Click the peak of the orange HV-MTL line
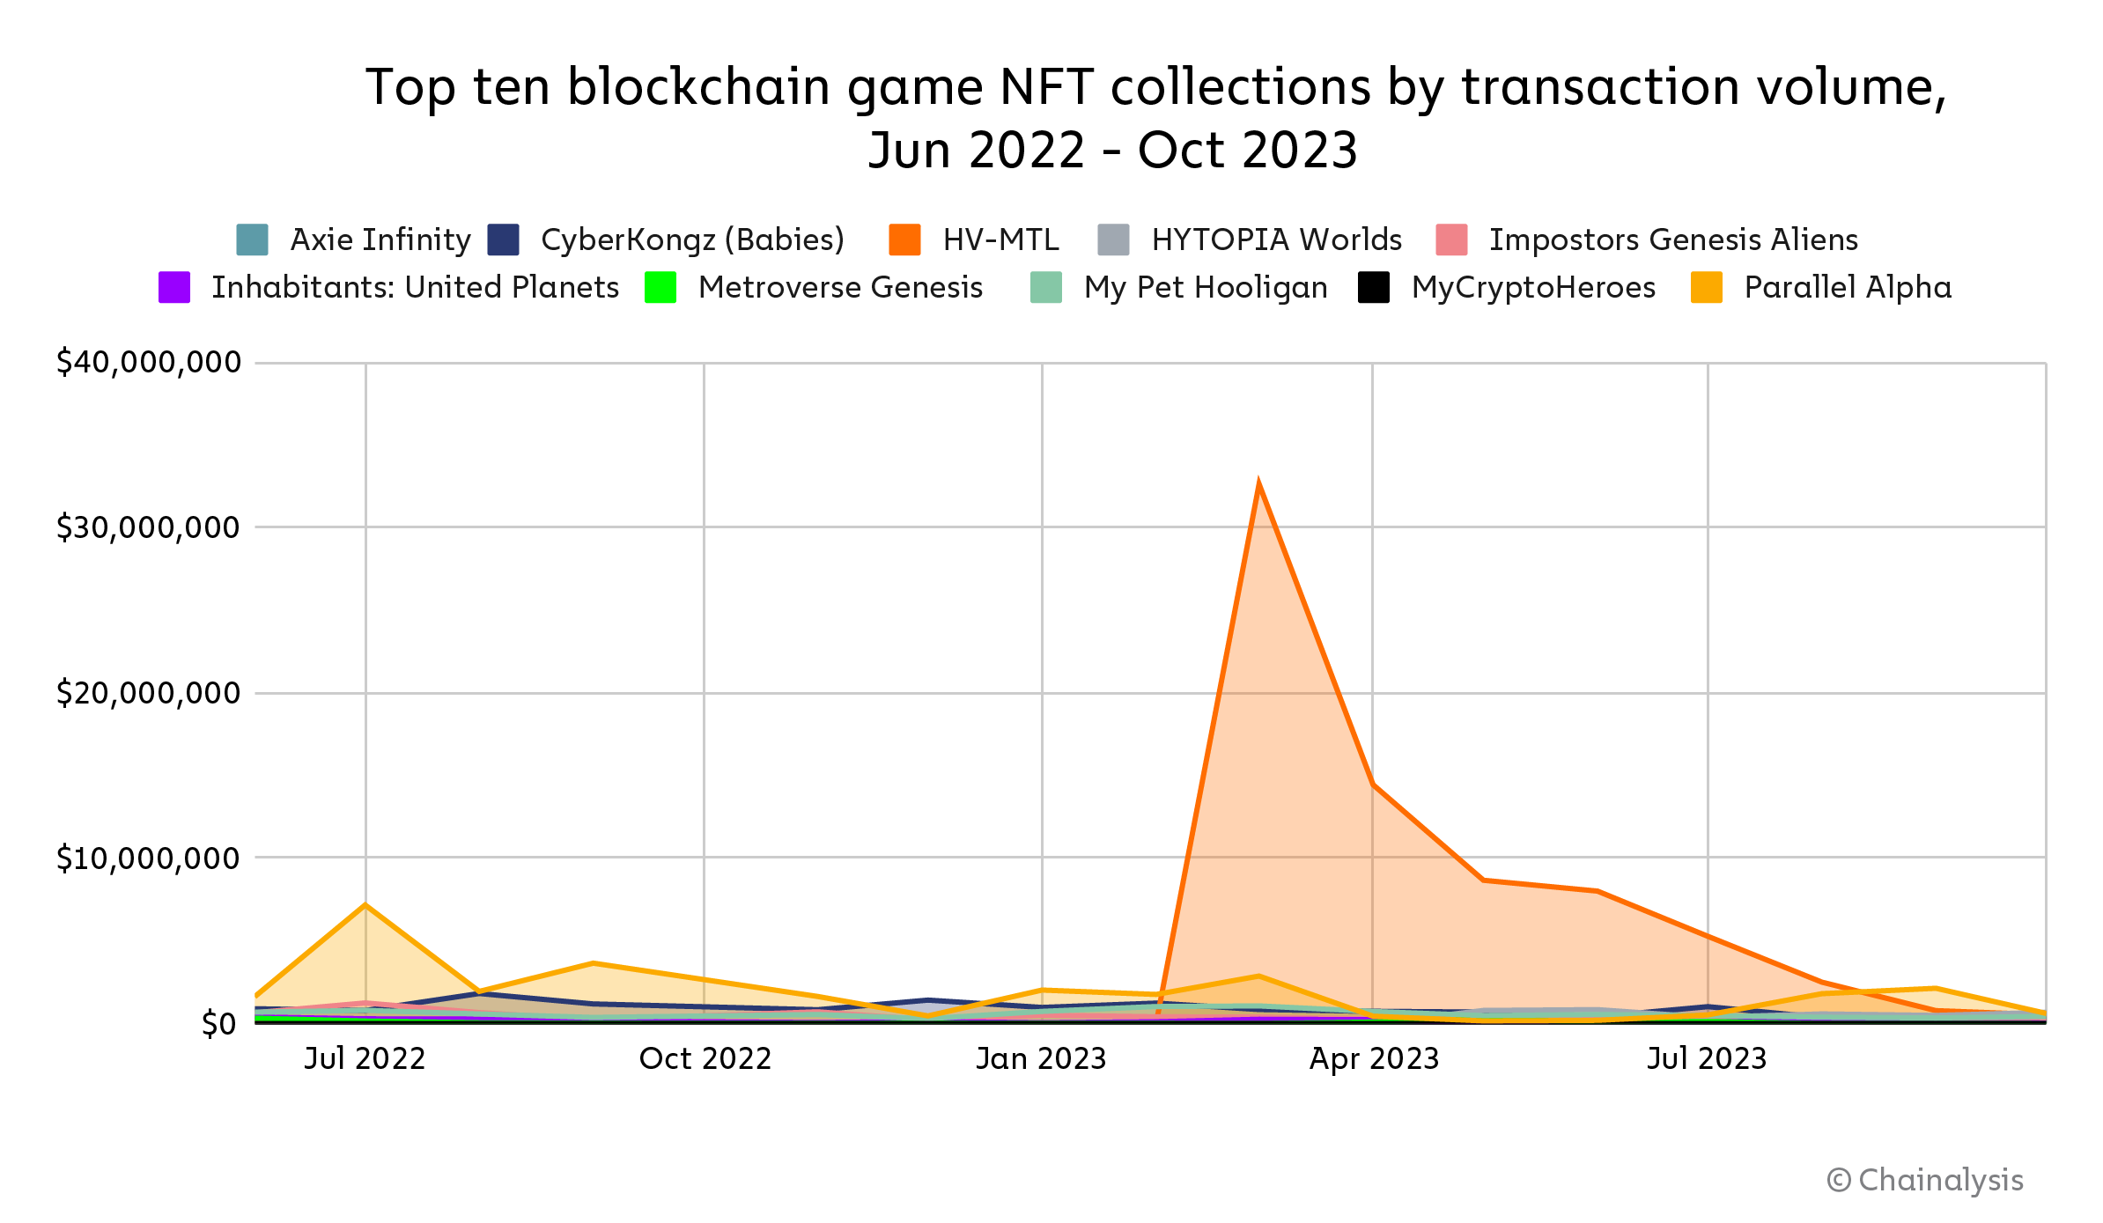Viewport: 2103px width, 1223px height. pos(1258,484)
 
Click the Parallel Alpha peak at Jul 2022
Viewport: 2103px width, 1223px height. pos(365,905)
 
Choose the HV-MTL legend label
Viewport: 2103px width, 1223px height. pos(1000,239)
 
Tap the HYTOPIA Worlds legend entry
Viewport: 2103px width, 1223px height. pos(1276,239)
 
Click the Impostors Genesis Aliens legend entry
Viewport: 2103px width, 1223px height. pos(1672,239)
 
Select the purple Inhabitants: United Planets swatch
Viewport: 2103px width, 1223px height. pos(174,287)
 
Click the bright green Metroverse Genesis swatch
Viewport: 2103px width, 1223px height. pos(660,287)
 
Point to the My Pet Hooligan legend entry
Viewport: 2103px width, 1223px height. pos(1205,287)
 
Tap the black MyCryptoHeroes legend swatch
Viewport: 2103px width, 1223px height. pos(1374,287)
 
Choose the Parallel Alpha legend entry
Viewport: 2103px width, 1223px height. pos(1847,287)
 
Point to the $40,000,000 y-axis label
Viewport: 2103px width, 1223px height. pos(148,362)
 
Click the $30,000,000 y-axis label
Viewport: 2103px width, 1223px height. pos(148,527)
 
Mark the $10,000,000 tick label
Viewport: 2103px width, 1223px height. pos(148,858)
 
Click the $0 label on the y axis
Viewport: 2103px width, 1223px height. pos(218,1023)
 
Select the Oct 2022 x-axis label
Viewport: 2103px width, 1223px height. pos(705,1058)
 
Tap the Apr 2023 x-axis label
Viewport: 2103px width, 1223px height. pos(1374,1058)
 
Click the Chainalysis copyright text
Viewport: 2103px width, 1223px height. pos(1925,1180)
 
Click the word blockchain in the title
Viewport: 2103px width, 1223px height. pos(700,87)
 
